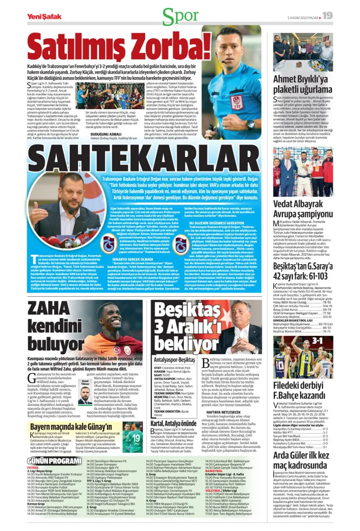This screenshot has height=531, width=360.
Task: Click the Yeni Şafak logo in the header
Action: point(44,17)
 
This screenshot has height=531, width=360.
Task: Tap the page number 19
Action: point(327,16)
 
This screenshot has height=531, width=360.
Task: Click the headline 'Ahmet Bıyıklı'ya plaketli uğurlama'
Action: point(303,84)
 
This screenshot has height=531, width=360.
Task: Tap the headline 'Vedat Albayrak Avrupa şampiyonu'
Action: point(303,209)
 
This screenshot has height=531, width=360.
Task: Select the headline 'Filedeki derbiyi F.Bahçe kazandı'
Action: point(303,390)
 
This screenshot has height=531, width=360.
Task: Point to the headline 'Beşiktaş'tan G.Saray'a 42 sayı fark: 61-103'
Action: point(303,270)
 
